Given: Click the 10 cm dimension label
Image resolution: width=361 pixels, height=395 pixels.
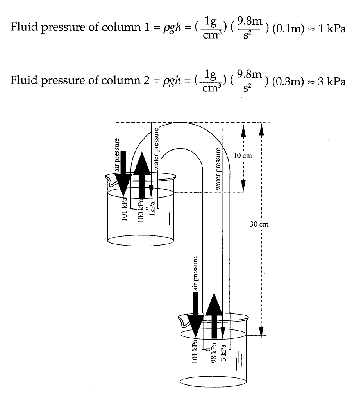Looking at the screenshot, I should (x=243, y=156).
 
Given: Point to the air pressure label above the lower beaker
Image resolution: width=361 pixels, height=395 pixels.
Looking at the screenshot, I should (x=196, y=273).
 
